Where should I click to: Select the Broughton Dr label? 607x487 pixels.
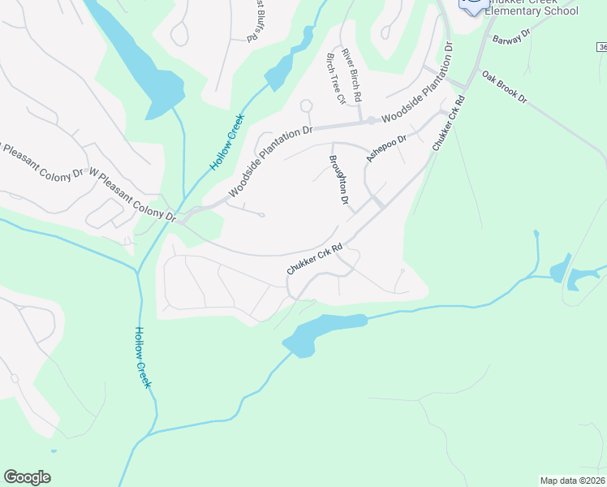(339, 179)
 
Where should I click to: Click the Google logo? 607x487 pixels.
(27, 477)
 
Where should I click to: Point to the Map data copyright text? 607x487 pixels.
(572, 481)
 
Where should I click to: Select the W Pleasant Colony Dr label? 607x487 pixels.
(131, 196)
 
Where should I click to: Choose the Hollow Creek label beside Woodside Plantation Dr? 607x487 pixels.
(228, 141)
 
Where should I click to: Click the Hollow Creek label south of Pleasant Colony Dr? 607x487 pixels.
(144, 356)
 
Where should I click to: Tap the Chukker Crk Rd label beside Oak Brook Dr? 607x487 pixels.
(447, 123)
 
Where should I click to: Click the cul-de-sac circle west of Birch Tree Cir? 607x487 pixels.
(306, 105)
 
